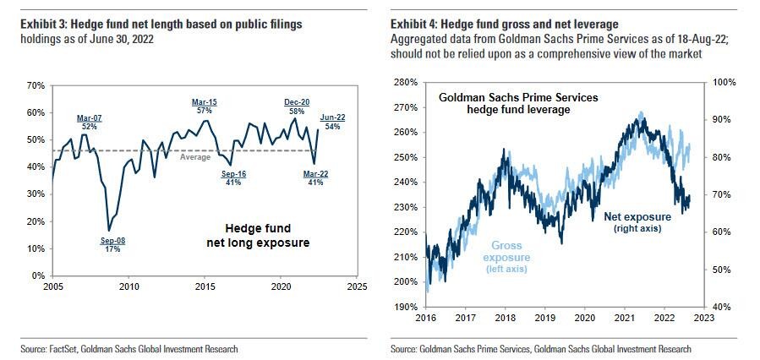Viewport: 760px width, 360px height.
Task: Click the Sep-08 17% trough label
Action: coord(112,245)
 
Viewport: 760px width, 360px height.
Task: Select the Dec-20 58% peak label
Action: coord(295,105)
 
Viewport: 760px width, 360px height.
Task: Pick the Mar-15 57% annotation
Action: coord(204,106)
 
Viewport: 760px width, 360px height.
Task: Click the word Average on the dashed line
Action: coord(194,157)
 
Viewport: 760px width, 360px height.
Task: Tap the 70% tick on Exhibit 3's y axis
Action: coord(36,85)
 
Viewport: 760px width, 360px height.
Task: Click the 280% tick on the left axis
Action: coord(405,83)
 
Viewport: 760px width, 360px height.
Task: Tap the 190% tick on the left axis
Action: coord(405,307)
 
